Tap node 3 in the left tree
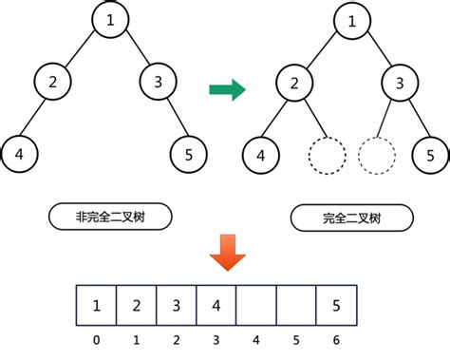159,83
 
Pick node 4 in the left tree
18,152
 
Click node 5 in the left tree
190,152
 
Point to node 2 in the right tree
295,83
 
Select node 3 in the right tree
400,83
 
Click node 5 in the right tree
430,153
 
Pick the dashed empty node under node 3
376,153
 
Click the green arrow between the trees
227,89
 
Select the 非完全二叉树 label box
110,217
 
